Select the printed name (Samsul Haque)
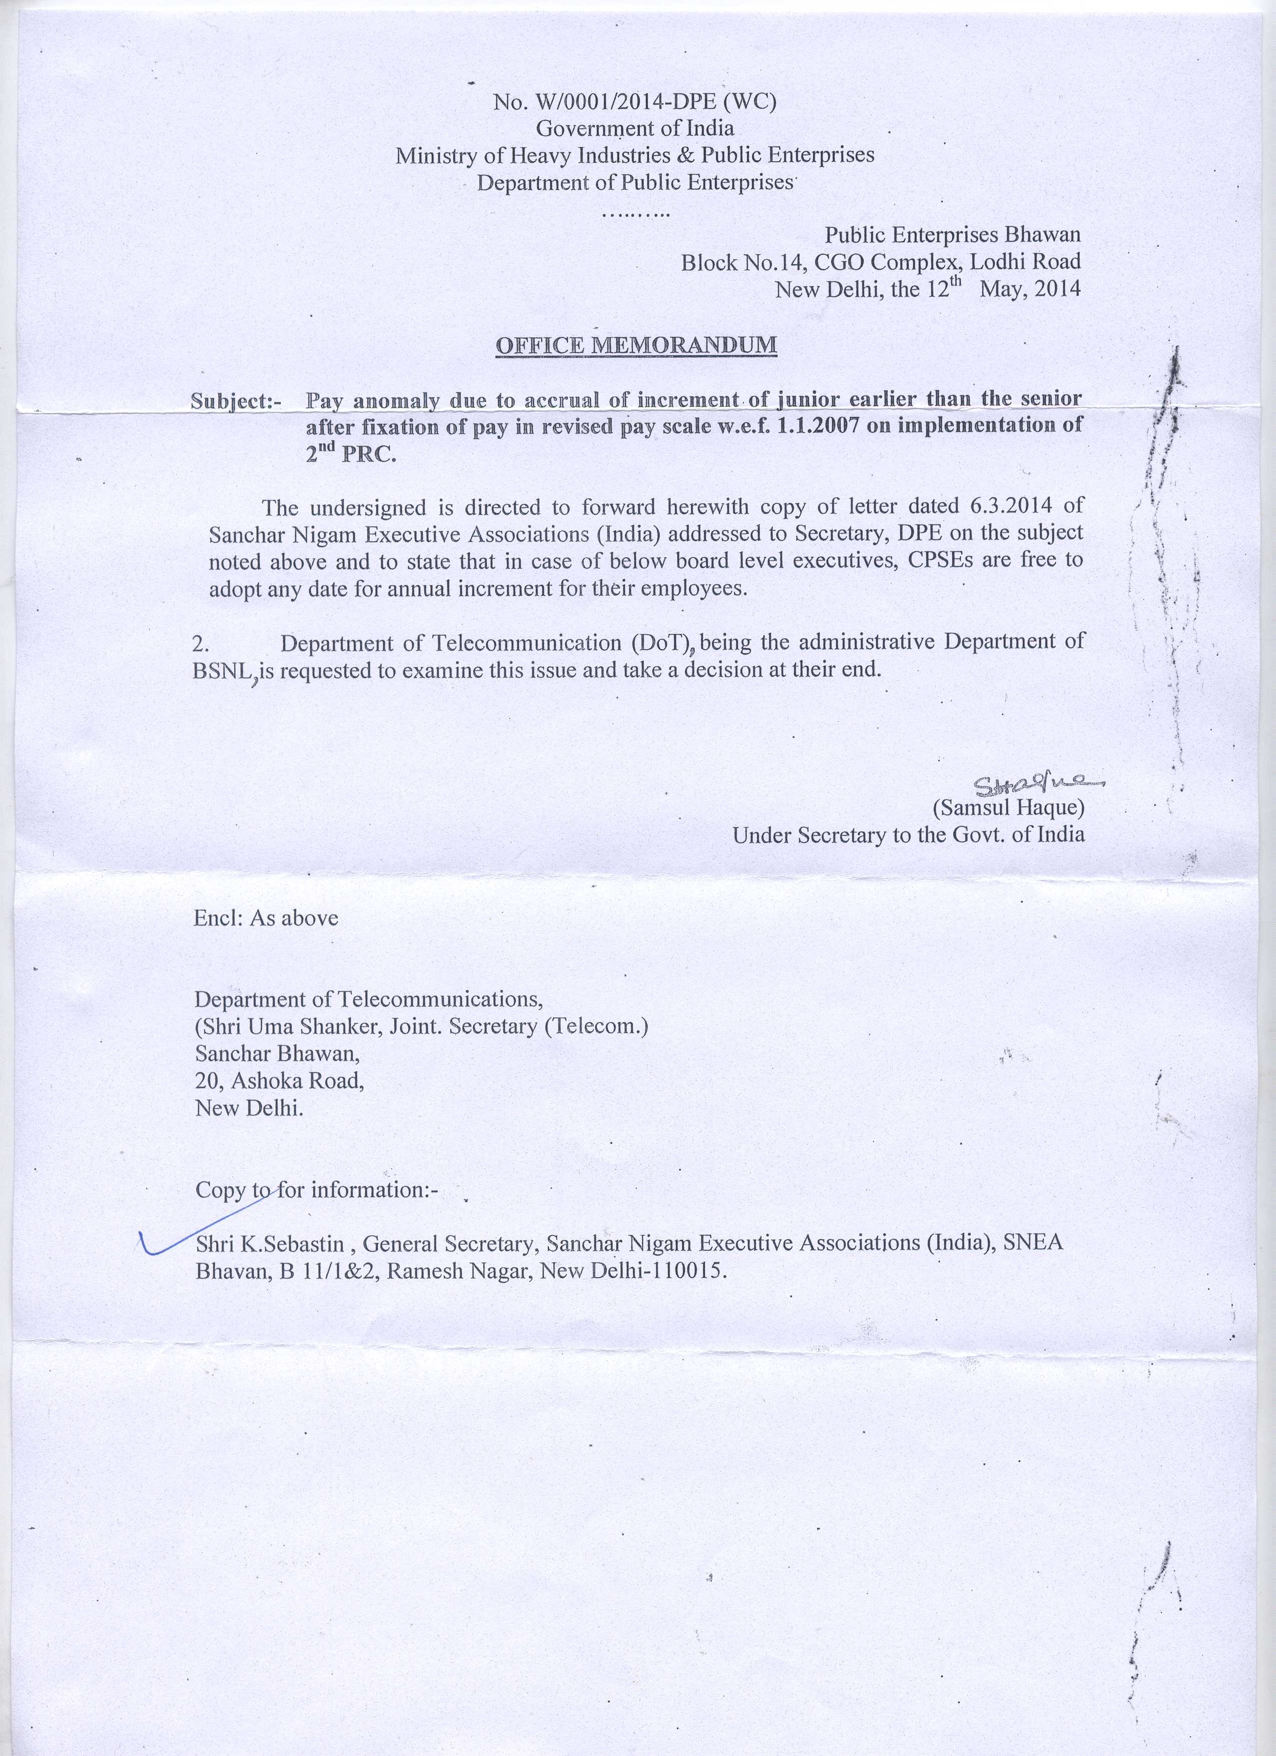tap(1008, 808)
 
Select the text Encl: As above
tap(266, 918)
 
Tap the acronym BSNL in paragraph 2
tap(222, 671)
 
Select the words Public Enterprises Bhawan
tap(952, 235)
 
